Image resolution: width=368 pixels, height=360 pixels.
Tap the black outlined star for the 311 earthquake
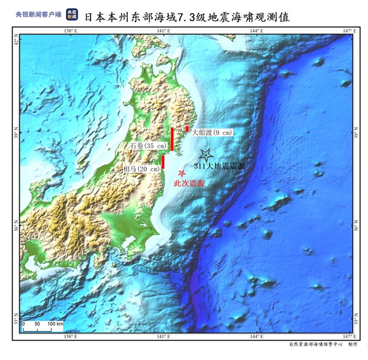click(x=206, y=155)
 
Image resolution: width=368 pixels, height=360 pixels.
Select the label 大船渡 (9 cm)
click(x=212, y=133)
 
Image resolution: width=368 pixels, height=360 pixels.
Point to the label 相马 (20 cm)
click(x=141, y=169)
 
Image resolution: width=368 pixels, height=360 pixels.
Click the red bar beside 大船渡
click(x=187, y=129)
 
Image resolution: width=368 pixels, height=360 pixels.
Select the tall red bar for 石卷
click(x=172, y=139)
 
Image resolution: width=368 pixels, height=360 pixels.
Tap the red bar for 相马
click(x=163, y=162)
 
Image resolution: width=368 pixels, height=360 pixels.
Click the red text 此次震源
click(x=189, y=183)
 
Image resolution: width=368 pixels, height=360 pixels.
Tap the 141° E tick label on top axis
click(x=163, y=31)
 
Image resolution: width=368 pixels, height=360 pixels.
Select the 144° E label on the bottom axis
click(x=256, y=336)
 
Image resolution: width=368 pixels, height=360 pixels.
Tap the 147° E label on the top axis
click(x=346, y=31)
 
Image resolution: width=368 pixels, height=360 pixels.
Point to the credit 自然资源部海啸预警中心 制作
click(x=322, y=345)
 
